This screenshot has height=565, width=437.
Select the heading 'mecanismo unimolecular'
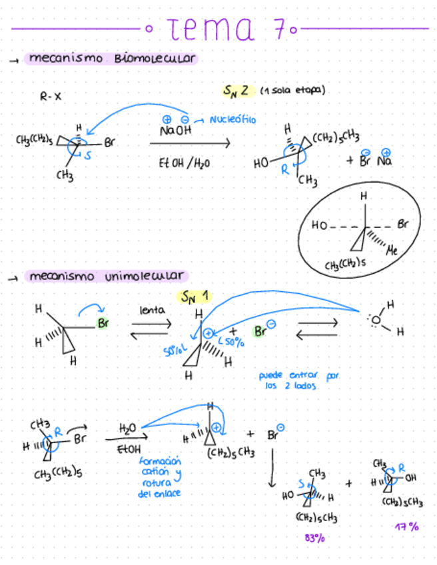(x=106, y=276)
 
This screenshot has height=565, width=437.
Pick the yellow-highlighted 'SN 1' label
(x=193, y=296)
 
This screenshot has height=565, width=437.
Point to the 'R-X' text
(x=51, y=97)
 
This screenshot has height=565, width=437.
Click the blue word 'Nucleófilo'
(x=232, y=120)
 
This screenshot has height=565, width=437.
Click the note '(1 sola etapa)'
(x=292, y=90)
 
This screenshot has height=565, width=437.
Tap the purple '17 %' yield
(x=406, y=526)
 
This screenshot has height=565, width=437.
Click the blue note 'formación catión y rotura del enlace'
(x=161, y=477)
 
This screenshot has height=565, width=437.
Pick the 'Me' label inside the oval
(x=392, y=252)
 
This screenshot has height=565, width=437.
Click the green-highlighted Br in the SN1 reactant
(x=103, y=324)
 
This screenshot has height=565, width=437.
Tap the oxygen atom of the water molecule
(x=376, y=320)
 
